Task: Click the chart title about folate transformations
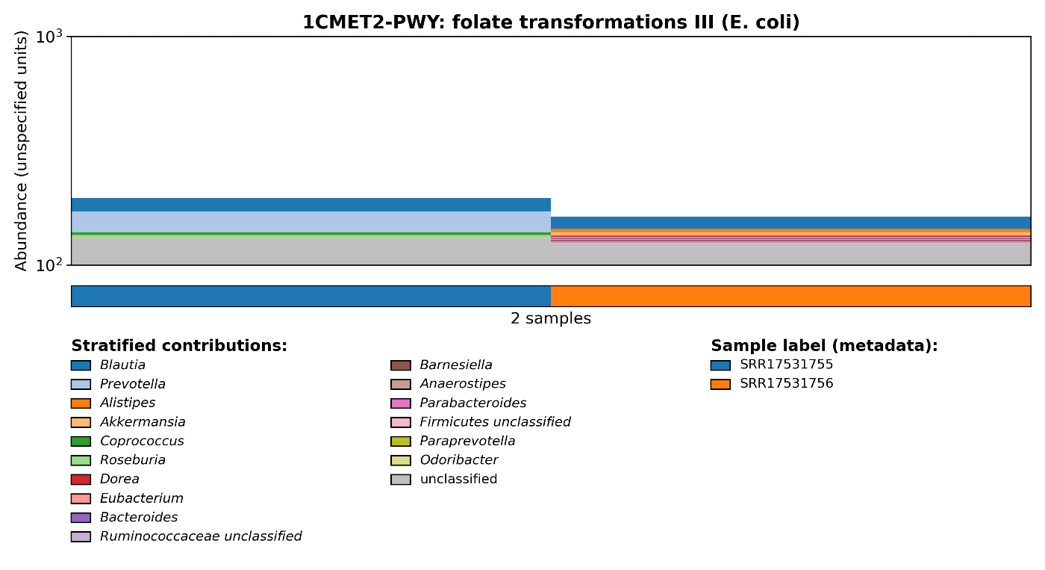[551, 22]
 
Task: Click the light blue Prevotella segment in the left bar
[311, 222]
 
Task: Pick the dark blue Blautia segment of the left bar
[311, 205]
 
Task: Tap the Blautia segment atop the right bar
[790, 223]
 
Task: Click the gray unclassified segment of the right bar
[790, 254]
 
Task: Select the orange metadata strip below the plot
[790, 296]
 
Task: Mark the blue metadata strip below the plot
[311, 296]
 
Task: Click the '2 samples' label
[551, 319]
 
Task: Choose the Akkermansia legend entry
[142, 422]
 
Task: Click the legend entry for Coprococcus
[141, 442]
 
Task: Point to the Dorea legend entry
[119, 480]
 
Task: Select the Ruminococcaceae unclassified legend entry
[200, 536]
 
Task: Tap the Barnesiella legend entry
[455, 365]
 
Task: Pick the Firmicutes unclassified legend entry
[494, 422]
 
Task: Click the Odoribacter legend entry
[458, 460]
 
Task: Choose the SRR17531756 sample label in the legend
[786, 384]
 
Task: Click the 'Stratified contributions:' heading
[179, 346]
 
